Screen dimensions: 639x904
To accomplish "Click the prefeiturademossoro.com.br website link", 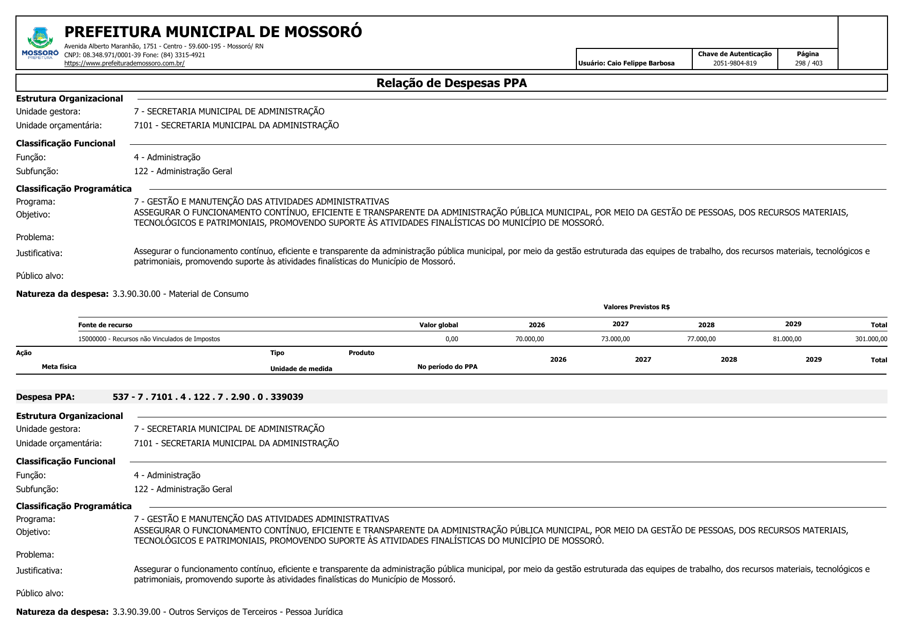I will tap(124, 63).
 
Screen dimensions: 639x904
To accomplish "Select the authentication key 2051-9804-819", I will tap(735, 63).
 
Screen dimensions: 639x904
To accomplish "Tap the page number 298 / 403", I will tap(808, 63).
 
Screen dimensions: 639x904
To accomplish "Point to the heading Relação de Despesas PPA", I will tap(451, 83).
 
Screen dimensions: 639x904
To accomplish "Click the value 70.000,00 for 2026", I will tap(530, 339).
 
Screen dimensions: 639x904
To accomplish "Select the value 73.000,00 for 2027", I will tap(615, 339).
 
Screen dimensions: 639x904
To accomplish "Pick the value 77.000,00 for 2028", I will tap(701, 339).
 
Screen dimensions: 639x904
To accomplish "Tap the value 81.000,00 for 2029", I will tap(787, 339).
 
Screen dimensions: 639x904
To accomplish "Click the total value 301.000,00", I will tap(871, 339).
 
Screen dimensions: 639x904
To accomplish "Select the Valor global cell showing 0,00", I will tap(451, 339).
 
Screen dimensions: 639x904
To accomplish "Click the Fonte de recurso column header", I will tap(105, 325).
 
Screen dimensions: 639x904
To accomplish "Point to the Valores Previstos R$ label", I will tap(636, 307).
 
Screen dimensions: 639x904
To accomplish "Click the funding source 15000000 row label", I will tap(149, 339).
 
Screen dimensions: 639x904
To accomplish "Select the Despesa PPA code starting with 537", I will tap(208, 397).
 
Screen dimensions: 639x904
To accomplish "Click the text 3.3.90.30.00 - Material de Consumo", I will tap(180, 294).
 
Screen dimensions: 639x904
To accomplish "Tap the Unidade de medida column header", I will tap(301, 369).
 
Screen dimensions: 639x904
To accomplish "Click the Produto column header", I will tap(361, 353).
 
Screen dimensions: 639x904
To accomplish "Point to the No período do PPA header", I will tap(447, 367).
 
